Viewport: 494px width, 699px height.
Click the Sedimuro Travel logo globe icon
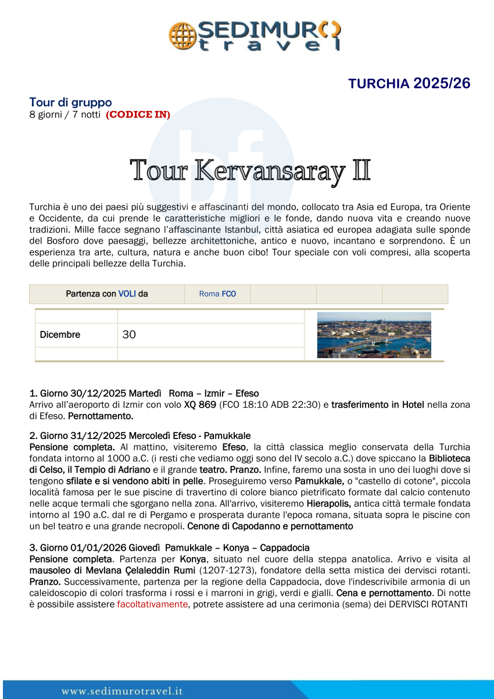click(x=182, y=35)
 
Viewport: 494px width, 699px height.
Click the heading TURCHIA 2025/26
click(x=409, y=83)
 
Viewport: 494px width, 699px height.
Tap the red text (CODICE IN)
click(x=138, y=115)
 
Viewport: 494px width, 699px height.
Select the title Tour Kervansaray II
click(x=250, y=170)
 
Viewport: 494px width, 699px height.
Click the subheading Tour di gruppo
click(x=70, y=102)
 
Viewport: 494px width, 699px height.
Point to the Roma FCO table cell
click(x=217, y=294)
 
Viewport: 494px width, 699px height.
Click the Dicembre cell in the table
click(x=60, y=335)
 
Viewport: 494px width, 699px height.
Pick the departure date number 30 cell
click(x=129, y=335)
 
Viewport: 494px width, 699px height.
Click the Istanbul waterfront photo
click(x=374, y=335)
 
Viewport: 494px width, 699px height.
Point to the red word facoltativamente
click(x=152, y=604)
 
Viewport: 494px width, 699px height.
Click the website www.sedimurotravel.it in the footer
click(x=122, y=691)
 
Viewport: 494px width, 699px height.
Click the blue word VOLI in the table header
click(x=127, y=294)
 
